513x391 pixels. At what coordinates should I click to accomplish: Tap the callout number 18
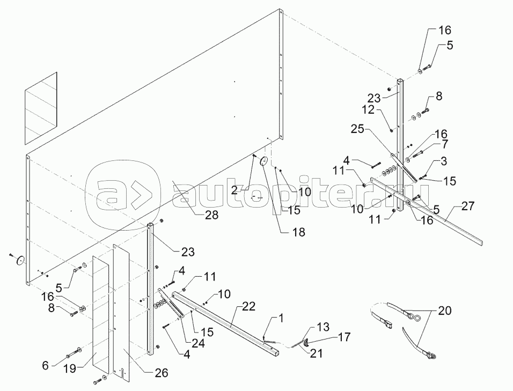point(298,232)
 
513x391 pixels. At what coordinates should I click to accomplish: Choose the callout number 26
point(444,144)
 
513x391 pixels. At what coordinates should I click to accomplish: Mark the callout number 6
point(46,365)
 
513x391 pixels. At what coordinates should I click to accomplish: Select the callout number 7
point(444,144)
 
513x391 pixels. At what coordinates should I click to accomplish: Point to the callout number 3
point(443,161)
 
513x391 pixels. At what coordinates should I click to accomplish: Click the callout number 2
point(234,190)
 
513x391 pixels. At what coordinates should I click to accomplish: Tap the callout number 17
point(344,337)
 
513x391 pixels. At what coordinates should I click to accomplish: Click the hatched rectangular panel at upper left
point(41,107)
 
